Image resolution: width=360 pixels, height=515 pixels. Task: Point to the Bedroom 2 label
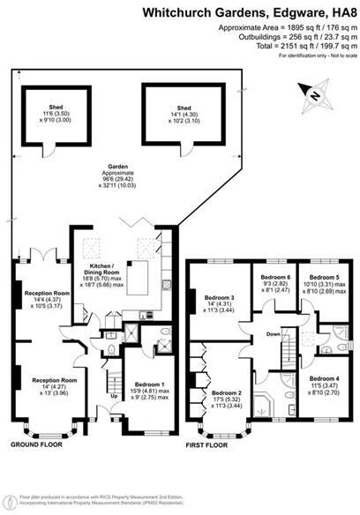coord(227,392)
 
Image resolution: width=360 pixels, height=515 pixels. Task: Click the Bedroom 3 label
coord(219,297)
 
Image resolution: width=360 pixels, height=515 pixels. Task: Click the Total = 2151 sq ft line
coord(308,48)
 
